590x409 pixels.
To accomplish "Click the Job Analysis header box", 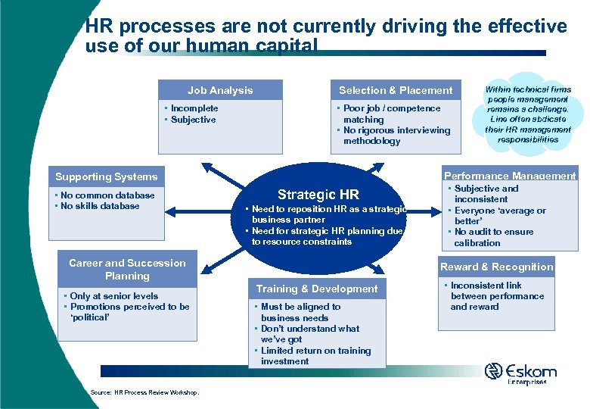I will (220, 90).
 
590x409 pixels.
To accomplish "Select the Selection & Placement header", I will (396, 90).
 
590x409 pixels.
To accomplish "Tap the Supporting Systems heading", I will (106, 176).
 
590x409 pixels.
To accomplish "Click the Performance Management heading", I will (510, 176).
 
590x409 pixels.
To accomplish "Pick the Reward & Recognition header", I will (497, 267).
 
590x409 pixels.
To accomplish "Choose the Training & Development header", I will (317, 289).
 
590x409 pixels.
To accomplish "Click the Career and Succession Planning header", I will (127, 269).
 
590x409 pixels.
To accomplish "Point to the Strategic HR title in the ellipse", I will (318, 194).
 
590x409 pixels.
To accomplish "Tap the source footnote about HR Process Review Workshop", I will (144, 392).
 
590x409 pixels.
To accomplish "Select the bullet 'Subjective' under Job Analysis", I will (193, 120).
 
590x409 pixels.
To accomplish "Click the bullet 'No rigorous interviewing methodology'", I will (396, 136).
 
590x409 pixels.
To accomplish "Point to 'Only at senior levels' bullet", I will (113, 296).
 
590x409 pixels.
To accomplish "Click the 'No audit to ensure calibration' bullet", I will (493, 237).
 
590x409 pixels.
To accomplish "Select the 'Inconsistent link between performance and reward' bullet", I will (497, 296).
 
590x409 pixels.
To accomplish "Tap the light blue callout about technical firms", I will (528, 114).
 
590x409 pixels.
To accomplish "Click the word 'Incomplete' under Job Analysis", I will (194, 108).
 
